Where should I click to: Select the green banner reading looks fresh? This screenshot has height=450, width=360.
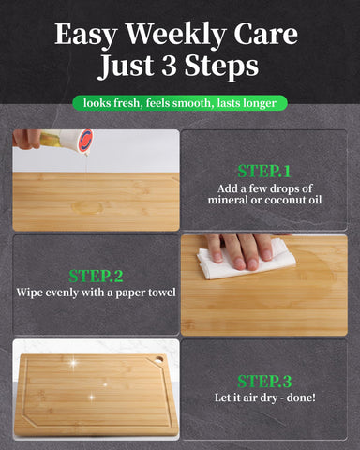pos(179,103)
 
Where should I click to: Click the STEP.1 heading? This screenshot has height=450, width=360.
pos(263,172)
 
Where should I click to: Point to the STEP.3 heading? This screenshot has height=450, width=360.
pos(263,381)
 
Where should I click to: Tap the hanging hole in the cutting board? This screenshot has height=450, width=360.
pos(158,359)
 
